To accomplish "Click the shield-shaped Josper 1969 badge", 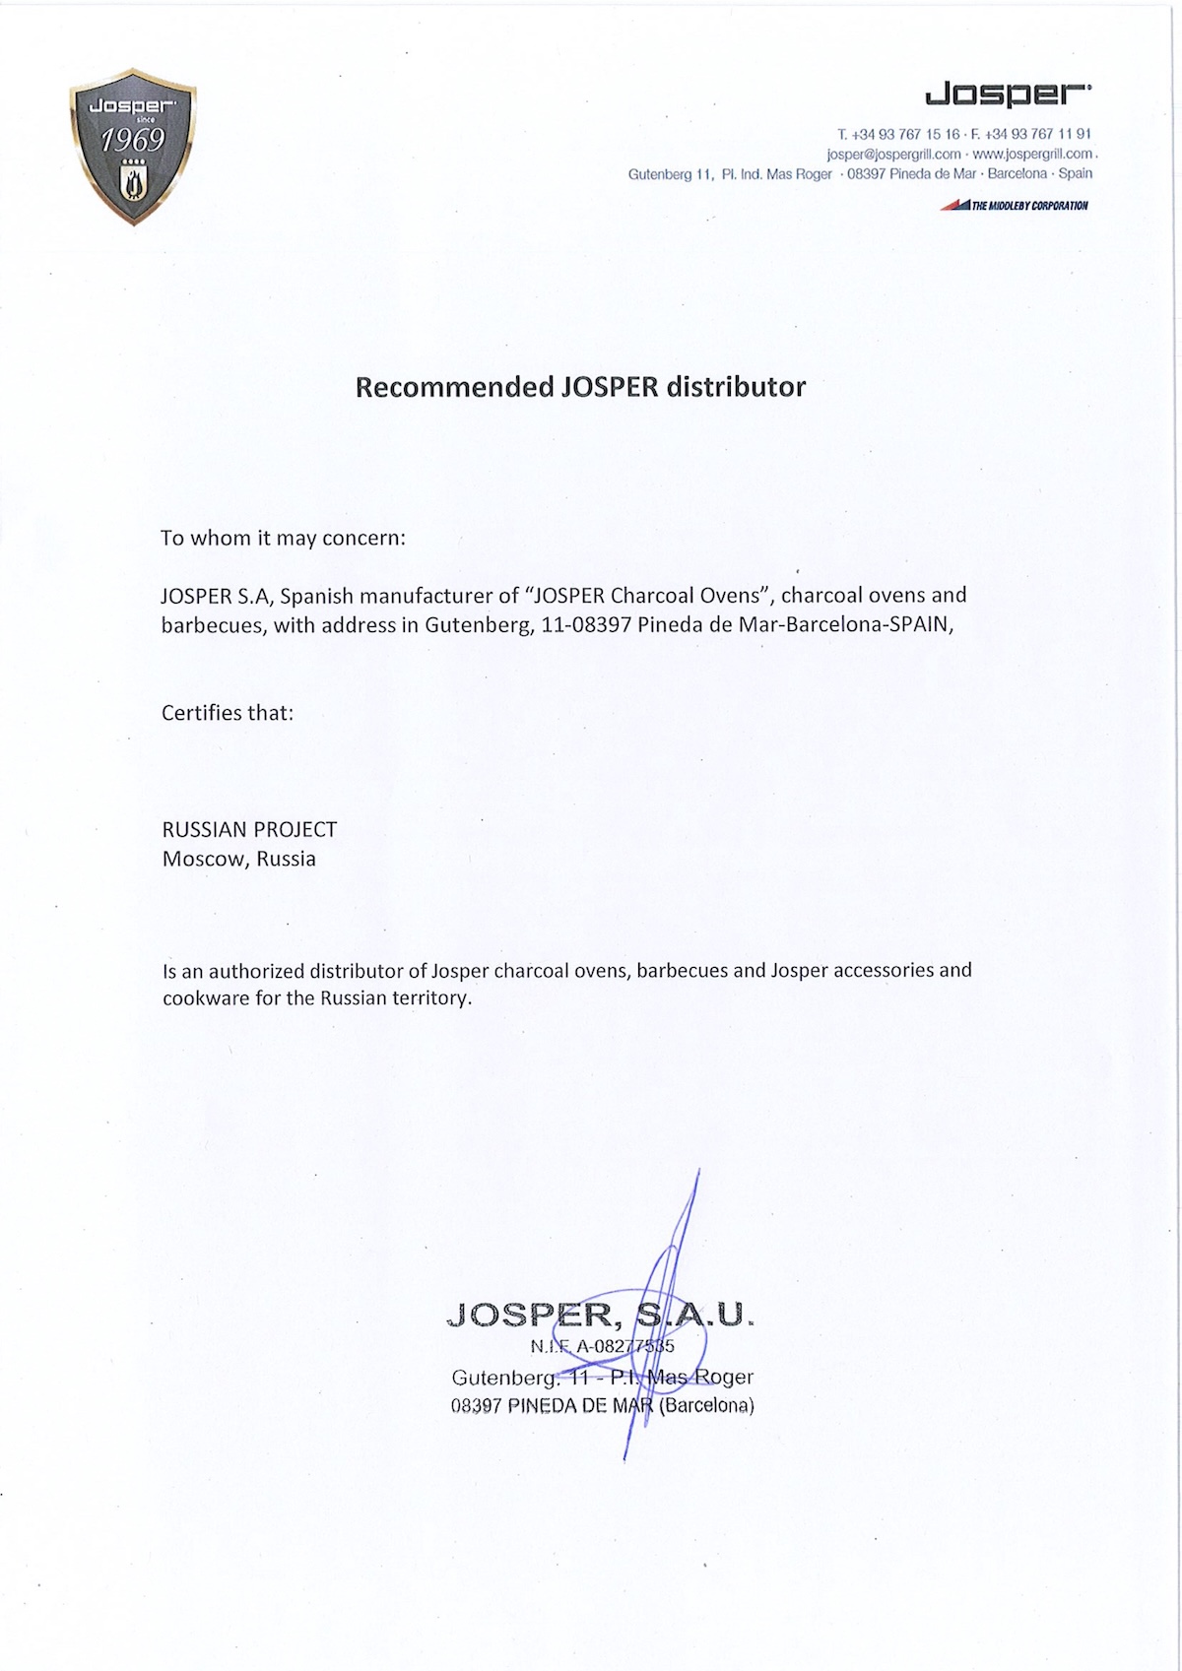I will click(133, 146).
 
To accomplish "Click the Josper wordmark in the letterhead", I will click(1007, 95).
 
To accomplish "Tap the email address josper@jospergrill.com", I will click(893, 154).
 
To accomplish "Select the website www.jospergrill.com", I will click(1032, 154).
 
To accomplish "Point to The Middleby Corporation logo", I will click(1015, 206).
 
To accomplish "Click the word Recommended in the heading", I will click(454, 387).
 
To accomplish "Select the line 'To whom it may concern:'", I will click(284, 539).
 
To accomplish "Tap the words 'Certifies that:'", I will click(228, 713).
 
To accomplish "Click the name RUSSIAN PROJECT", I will click(249, 830).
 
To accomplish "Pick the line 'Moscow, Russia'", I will click(239, 859).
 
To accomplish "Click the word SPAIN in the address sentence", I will click(920, 624).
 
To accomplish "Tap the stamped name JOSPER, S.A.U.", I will click(600, 1315).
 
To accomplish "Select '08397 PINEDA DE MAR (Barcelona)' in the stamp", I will click(602, 1406).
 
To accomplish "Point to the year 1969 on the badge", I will click(132, 142).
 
